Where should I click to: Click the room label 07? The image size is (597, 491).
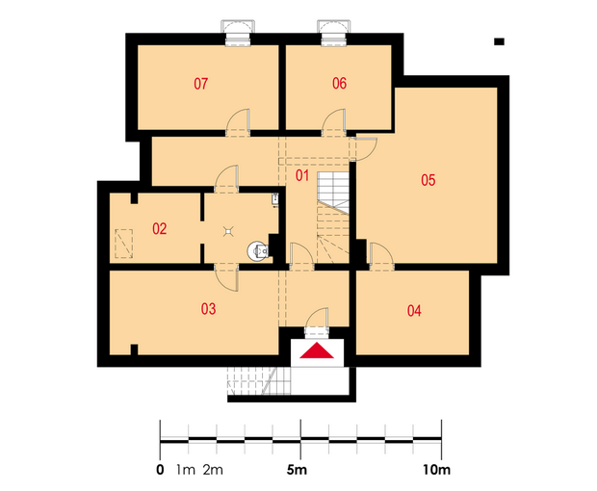(200, 84)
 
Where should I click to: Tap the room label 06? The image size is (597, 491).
(339, 84)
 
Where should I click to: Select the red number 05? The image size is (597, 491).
(428, 180)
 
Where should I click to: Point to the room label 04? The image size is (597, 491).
(414, 311)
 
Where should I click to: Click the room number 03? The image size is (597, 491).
(208, 309)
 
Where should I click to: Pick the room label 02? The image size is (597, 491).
(160, 229)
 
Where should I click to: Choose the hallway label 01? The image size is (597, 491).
(302, 175)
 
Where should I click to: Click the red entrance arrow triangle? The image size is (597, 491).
(317, 350)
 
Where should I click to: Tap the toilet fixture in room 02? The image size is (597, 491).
(258, 251)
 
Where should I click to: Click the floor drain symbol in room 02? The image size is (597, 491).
(227, 231)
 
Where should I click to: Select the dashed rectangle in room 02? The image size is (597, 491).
(124, 244)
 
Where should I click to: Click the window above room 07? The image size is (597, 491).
(238, 33)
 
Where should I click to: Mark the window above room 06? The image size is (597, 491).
(334, 33)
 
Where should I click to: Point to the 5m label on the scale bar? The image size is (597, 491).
(297, 471)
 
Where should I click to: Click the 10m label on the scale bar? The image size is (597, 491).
(436, 471)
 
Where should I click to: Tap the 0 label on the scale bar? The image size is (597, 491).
(160, 471)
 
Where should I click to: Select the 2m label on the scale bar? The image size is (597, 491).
(213, 471)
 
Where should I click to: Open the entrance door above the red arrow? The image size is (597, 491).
(317, 322)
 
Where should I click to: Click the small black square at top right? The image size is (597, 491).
(499, 41)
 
